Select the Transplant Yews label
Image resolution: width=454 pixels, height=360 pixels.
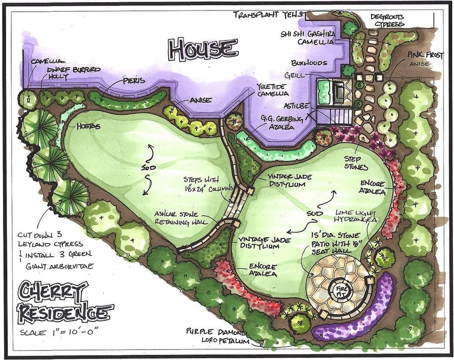266,14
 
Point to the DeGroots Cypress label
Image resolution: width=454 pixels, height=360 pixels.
388,20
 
